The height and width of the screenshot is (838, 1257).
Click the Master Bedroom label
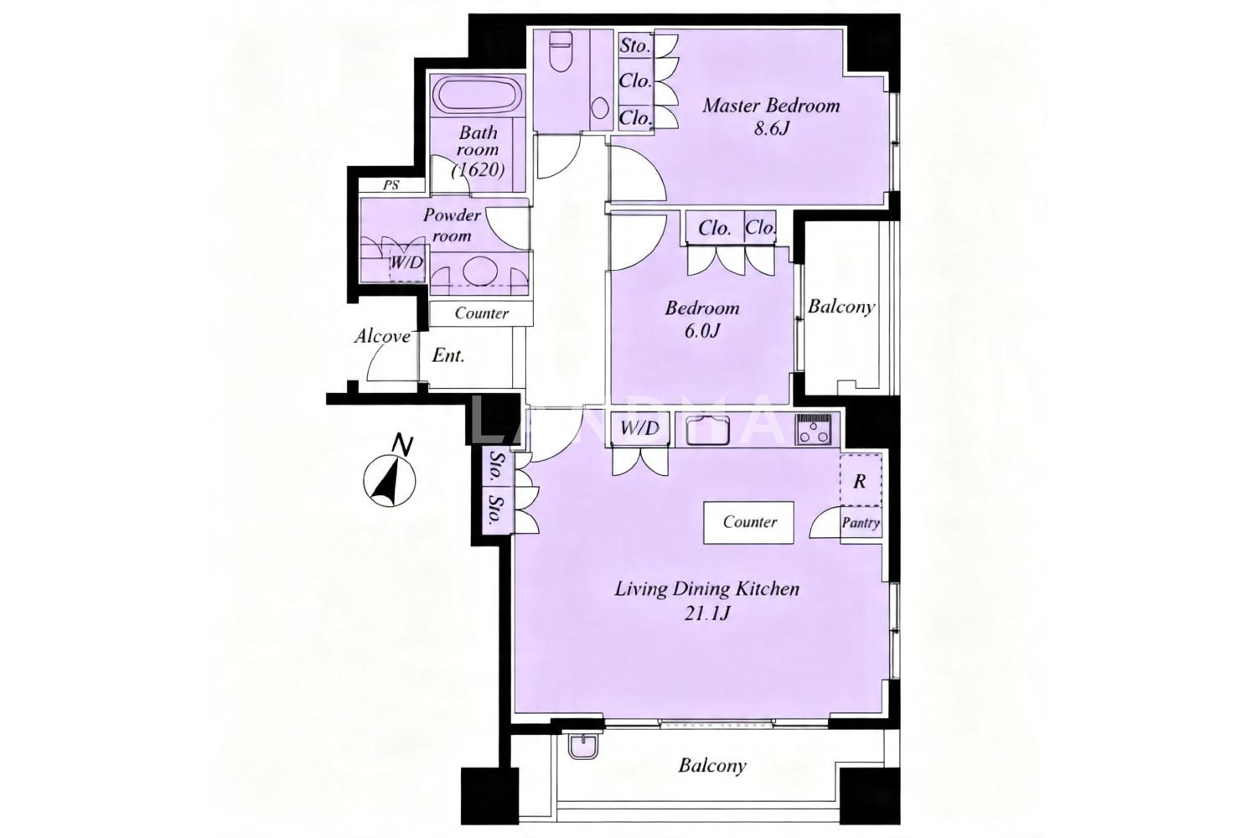click(x=771, y=106)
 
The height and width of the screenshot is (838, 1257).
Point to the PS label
click(x=391, y=184)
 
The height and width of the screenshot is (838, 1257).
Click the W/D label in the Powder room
click(x=406, y=262)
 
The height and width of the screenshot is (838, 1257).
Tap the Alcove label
click(x=382, y=337)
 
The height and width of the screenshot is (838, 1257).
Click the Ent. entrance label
click(x=447, y=355)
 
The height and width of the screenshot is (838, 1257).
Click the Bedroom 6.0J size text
click(x=701, y=331)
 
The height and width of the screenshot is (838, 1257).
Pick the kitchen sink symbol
click(x=706, y=429)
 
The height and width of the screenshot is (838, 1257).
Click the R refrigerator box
click(x=861, y=480)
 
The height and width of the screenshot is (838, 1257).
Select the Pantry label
click(x=861, y=523)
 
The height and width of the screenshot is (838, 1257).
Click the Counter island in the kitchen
click(x=749, y=523)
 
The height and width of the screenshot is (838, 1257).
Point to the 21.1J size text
click(x=707, y=613)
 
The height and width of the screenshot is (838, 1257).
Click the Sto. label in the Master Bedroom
click(x=635, y=45)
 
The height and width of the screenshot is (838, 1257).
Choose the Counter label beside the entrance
click(x=482, y=313)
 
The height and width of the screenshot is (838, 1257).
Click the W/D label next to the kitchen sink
click(x=639, y=429)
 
